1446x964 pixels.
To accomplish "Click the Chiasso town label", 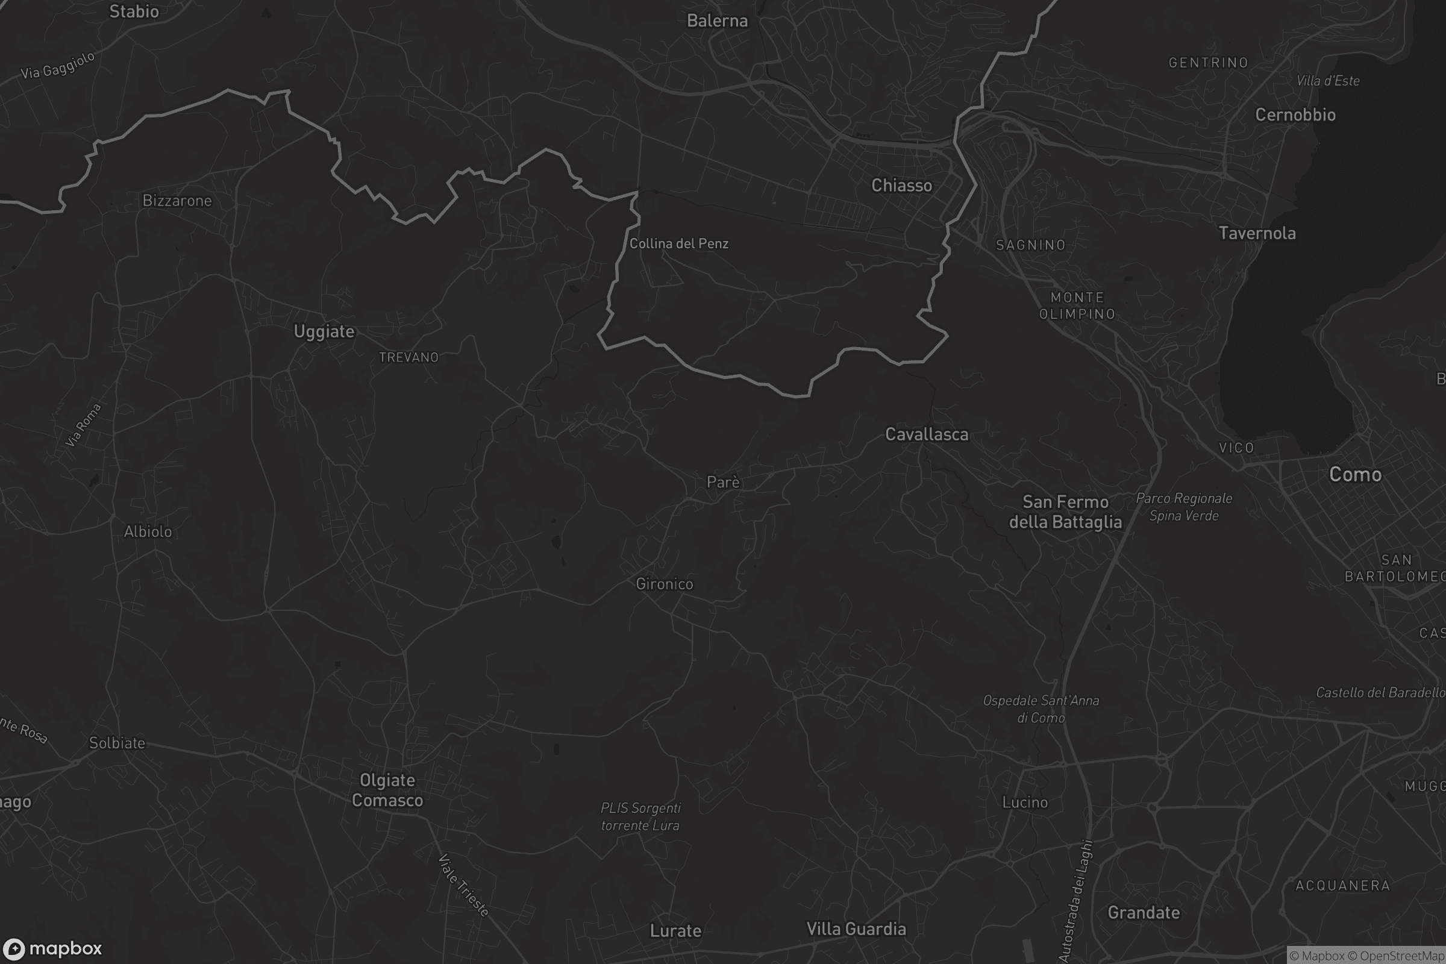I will tap(901, 185).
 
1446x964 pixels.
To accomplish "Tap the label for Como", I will tap(1355, 474).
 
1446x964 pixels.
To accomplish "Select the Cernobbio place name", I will tap(1295, 115).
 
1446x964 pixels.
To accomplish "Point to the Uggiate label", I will tap(324, 332).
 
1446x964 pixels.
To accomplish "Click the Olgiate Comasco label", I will tap(387, 790).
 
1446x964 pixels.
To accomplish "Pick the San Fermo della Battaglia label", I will tap(1065, 512).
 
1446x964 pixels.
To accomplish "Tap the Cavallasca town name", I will tap(927, 434).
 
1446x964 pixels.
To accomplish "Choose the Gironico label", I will tap(664, 584).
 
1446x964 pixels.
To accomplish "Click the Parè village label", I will tap(723, 482).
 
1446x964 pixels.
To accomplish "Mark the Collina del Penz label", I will tap(679, 243).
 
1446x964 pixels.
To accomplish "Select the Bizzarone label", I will tap(177, 201).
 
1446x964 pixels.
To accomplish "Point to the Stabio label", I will tap(134, 11).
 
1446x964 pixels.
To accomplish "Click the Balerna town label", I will tap(717, 21).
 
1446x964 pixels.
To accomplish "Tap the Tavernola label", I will tap(1257, 234).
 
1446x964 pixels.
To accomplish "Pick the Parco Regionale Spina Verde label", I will tap(1184, 507).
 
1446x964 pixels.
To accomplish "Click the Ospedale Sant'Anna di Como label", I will tap(1041, 709).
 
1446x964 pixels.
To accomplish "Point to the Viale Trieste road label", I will tap(463, 885).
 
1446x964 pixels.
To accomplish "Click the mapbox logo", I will tap(52, 948).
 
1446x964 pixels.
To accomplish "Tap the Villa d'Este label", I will tap(1327, 81).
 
